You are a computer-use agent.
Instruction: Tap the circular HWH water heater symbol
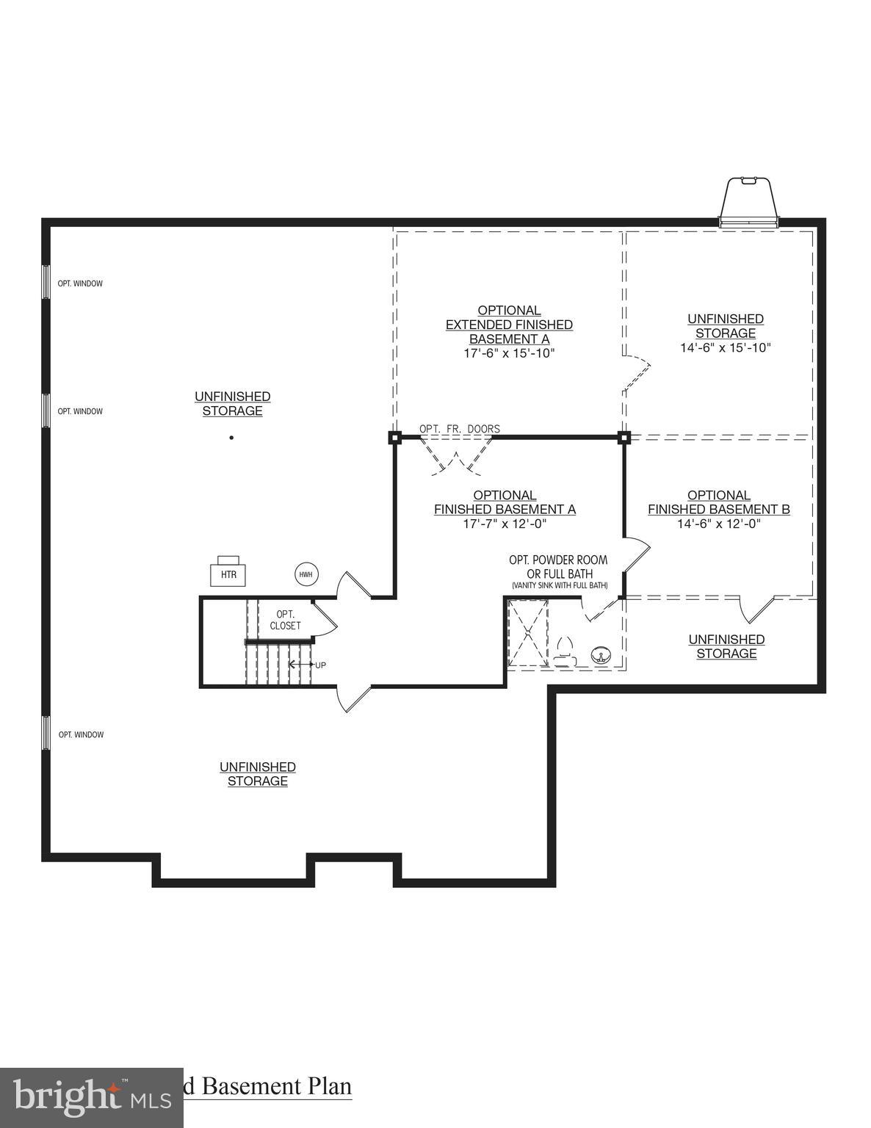pos(306,574)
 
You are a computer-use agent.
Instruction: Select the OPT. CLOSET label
pos(285,620)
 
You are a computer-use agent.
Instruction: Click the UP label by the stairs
pos(320,665)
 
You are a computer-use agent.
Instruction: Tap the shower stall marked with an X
pos(528,633)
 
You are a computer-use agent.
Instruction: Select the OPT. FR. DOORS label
pos(459,429)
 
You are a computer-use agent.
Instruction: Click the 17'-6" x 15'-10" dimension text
pos(509,353)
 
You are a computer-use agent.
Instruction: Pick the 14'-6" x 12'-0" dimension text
pos(719,524)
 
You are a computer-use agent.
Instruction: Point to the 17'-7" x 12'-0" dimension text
pos(505,524)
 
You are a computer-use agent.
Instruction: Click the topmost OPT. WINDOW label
pos(80,283)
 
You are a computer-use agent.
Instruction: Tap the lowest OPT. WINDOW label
pos(81,734)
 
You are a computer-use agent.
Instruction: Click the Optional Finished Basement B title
pos(719,502)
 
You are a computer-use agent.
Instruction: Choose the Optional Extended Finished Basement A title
pos(509,325)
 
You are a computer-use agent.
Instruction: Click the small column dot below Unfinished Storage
pos(231,438)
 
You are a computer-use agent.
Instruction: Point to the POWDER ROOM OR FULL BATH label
pos(559,567)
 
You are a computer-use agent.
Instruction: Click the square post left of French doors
pos(394,438)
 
